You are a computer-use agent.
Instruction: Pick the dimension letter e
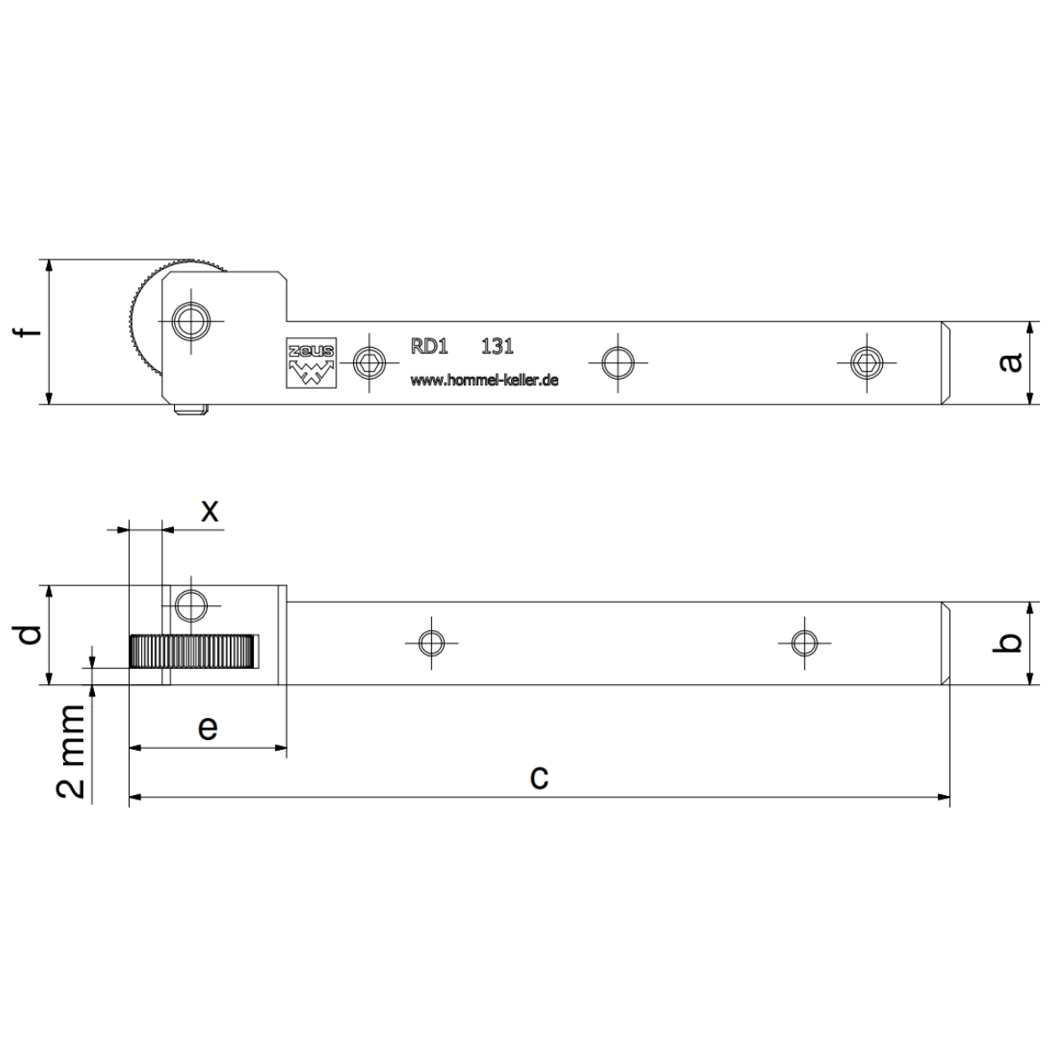(208, 728)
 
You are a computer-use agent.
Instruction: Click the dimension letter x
(210, 511)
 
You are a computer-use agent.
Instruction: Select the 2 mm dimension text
(71, 752)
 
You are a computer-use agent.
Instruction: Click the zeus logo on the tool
(311, 362)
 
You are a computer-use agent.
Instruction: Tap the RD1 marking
(429, 346)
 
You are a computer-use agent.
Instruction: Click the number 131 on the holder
(497, 346)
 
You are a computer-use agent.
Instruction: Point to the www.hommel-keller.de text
(485, 381)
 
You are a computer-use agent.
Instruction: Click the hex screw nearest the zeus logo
(370, 363)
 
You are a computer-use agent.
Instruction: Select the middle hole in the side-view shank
(618, 363)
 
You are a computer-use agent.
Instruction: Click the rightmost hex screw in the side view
(867, 363)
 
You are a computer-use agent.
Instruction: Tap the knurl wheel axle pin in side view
(191, 321)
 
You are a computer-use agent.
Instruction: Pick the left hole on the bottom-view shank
(432, 643)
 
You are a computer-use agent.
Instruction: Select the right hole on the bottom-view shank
(804, 643)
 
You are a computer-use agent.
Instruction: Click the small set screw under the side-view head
(192, 409)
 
